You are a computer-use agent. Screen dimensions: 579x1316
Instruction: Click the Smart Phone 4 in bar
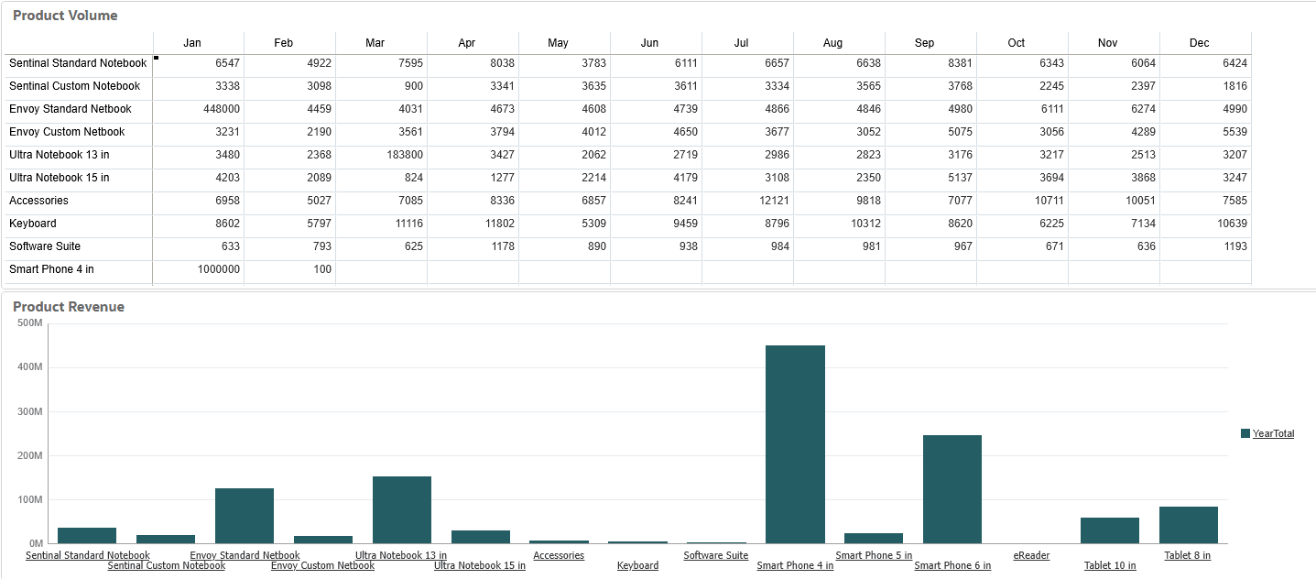tap(795, 444)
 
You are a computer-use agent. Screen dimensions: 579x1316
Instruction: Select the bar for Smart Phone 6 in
tap(952, 489)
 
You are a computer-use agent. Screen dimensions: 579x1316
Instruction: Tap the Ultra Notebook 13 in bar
tap(401, 509)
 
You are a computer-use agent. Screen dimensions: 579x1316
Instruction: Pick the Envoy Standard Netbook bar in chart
tap(245, 516)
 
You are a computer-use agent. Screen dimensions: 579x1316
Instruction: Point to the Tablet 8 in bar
tap(1188, 525)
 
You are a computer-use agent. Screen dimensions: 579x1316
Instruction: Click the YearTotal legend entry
tap(1273, 433)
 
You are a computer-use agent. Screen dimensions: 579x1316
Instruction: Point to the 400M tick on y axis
tap(30, 367)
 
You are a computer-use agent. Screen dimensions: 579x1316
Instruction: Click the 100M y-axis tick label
tap(30, 500)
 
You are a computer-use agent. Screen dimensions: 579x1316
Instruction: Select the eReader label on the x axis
tap(1031, 555)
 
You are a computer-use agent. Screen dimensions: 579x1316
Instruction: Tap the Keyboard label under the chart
tap(637, 566)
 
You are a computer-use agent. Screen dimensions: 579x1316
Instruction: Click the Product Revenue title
tap(69, 307)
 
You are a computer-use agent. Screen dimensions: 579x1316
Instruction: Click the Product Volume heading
tap(65, 16)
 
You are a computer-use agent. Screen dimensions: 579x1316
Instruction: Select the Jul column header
tap(742, 43)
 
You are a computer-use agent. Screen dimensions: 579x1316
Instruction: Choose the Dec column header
tap(1199, 43)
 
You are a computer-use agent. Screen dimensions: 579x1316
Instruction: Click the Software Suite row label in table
tap(45, 246)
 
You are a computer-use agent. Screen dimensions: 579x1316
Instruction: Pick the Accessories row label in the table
tap(38, 201)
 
